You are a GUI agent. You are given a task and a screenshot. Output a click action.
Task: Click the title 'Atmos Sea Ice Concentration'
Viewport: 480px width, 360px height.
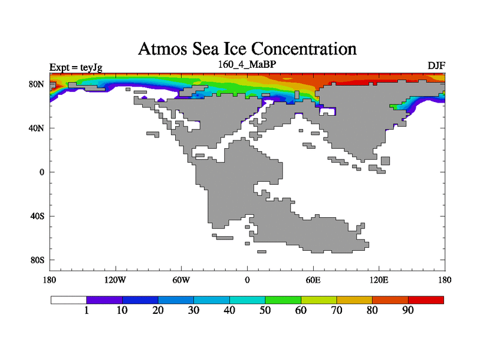pyautogui.click(x=247, y=48)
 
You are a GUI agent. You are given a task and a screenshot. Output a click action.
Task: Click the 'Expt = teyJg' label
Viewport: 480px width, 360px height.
pyautogui.click(x=76, y=67)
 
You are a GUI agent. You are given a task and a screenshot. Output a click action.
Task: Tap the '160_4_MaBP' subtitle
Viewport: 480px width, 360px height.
pyautogui.click(x=247, y=64)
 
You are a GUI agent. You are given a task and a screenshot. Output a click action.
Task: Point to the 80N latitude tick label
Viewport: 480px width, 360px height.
pyautogui.click(x=37, y=84)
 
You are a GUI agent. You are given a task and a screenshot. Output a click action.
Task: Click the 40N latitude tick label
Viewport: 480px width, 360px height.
pyautogui.click(x=37, y=128)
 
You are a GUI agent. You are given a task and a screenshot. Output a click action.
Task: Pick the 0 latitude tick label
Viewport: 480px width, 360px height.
pyautogui.click(x=41, y=172)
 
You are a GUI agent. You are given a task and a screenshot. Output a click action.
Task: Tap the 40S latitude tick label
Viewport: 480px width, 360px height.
pyautogui.click(x=38, y=216)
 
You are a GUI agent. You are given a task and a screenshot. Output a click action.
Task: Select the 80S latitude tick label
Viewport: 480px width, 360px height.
pyautogui.click(x=38, y=260)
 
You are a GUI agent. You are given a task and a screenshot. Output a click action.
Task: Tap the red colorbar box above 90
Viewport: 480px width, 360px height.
pyautogui.click(x=426, y=299)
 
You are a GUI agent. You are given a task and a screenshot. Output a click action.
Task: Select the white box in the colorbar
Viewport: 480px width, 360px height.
pyautogui.click(x=68, y=299)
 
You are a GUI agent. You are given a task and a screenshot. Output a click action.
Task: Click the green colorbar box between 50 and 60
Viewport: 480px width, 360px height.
pyautogui.click(x=283, y=299)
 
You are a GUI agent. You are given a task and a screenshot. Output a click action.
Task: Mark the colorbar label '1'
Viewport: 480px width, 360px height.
pyautogui.click(x=86, y=310)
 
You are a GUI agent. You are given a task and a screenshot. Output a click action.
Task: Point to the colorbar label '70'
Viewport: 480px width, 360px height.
pyautogui.click(x=337, y=310)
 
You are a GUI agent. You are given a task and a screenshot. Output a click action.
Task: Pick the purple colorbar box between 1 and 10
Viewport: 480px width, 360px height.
pyautogui.click(x=104, y=299)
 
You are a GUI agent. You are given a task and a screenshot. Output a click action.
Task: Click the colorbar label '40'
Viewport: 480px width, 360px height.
pyautogui.click(x=229, y=310)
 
